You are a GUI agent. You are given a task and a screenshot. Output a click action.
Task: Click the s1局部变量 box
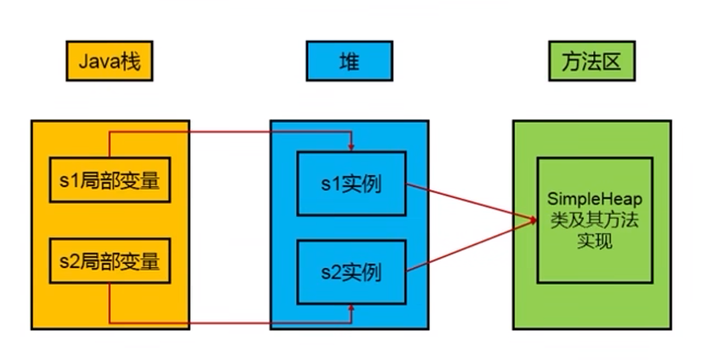click(109, 180)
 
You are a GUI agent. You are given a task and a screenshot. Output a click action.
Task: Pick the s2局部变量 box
click(109, 260)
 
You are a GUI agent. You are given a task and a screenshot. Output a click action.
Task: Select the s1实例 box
click(351, 185)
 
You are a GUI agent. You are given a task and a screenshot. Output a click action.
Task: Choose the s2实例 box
click(351, 273)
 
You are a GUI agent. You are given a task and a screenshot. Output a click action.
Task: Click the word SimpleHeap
click(595, 201)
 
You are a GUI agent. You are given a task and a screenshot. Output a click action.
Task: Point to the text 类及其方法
click(595, 221)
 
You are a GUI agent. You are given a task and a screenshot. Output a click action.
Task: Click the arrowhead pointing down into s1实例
click(351, 147)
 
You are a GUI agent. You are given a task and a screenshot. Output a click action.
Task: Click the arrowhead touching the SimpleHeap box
click(533, 221)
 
